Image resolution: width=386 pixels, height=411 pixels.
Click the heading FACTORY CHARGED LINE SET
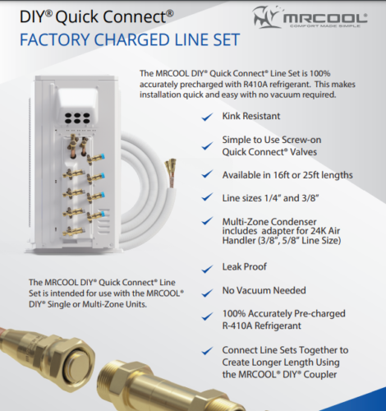pyautogui.click(x=124, y=39)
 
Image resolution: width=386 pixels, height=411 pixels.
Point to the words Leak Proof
pyautogui.click(x=245, y=268)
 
